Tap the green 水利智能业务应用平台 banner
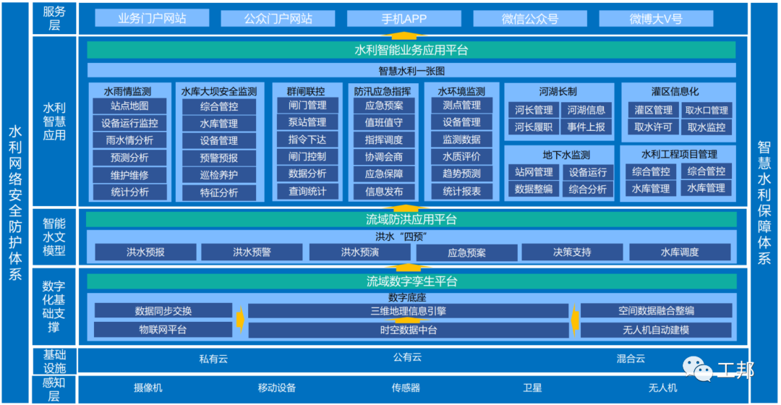coord(411,50)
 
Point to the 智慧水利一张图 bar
coord(411,71)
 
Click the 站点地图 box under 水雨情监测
coord(129,106)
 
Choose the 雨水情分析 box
coord(129,140)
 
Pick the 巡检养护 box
coord(218,175)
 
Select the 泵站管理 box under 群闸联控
coord(307,123)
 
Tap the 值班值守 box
coord(384,123)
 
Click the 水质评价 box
coord(461,157)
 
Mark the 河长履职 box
coord(534,127)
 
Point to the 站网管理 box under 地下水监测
coord(534,172)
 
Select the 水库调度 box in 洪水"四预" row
coord(679,252)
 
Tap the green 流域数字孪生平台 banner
coord(411,281)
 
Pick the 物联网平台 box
coord(163,330)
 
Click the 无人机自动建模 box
coord(656,330)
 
